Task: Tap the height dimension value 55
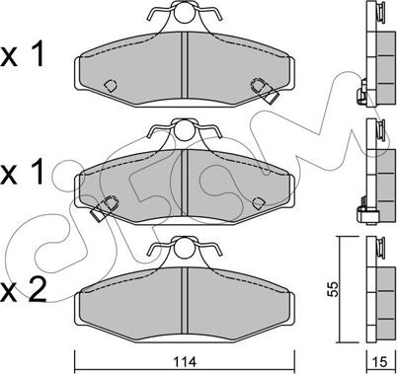coord(334,289)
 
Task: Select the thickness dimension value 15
coord(380,362)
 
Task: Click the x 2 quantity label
coord(24,289)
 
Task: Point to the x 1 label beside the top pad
coord(23,54)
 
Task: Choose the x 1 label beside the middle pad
coord(23,172)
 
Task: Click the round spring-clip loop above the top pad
coord(184,13)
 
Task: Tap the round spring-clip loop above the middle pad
coord(184,130)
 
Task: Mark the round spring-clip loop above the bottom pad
coord(184,249)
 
